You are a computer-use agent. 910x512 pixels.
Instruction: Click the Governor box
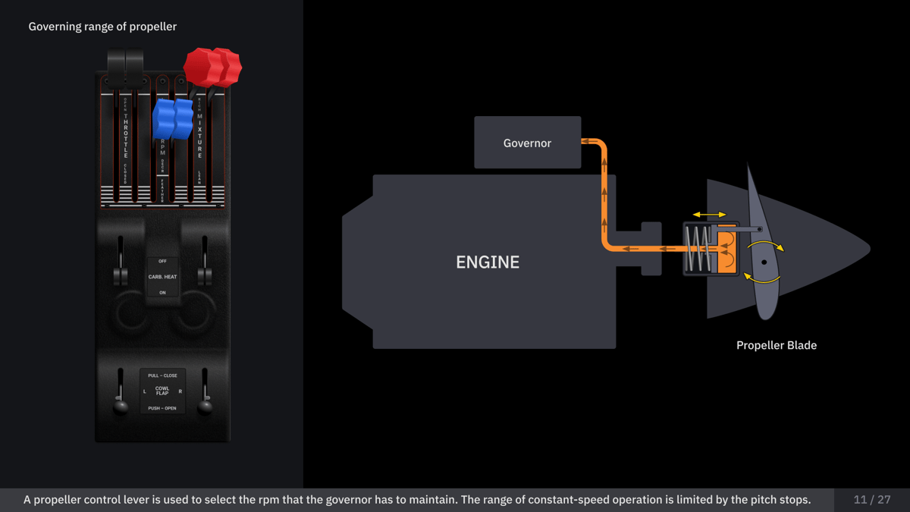pos(527,143)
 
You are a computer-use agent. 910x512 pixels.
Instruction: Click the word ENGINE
pos(488,262)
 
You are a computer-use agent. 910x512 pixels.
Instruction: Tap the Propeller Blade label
pos(776,345)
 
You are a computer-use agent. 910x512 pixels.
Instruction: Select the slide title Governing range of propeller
pos(102,27)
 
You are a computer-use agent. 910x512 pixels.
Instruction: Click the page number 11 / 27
pos(871,499)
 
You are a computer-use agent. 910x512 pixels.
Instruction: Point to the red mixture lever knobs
pos(212,67)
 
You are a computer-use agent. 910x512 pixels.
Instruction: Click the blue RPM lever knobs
pos(173,118)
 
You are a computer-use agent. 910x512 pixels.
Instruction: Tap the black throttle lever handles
pos(125,64)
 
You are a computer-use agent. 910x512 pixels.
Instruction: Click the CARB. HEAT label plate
pos(162,277)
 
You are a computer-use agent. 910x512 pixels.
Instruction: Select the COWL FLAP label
pos(162,391)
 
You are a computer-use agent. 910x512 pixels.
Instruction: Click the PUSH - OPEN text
pos(162,408)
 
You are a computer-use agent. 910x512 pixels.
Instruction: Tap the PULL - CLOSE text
pos(162,375)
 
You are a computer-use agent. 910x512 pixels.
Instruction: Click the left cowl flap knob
pos(121,407)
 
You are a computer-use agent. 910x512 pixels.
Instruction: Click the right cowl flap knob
pos(205,407)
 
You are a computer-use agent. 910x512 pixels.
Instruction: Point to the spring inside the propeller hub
pos(698,249)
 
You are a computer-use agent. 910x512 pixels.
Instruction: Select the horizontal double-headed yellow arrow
pos(710,215)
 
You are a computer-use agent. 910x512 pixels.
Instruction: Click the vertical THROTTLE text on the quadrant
pos(126,136)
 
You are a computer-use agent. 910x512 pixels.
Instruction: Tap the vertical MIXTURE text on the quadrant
pos(200,137)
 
